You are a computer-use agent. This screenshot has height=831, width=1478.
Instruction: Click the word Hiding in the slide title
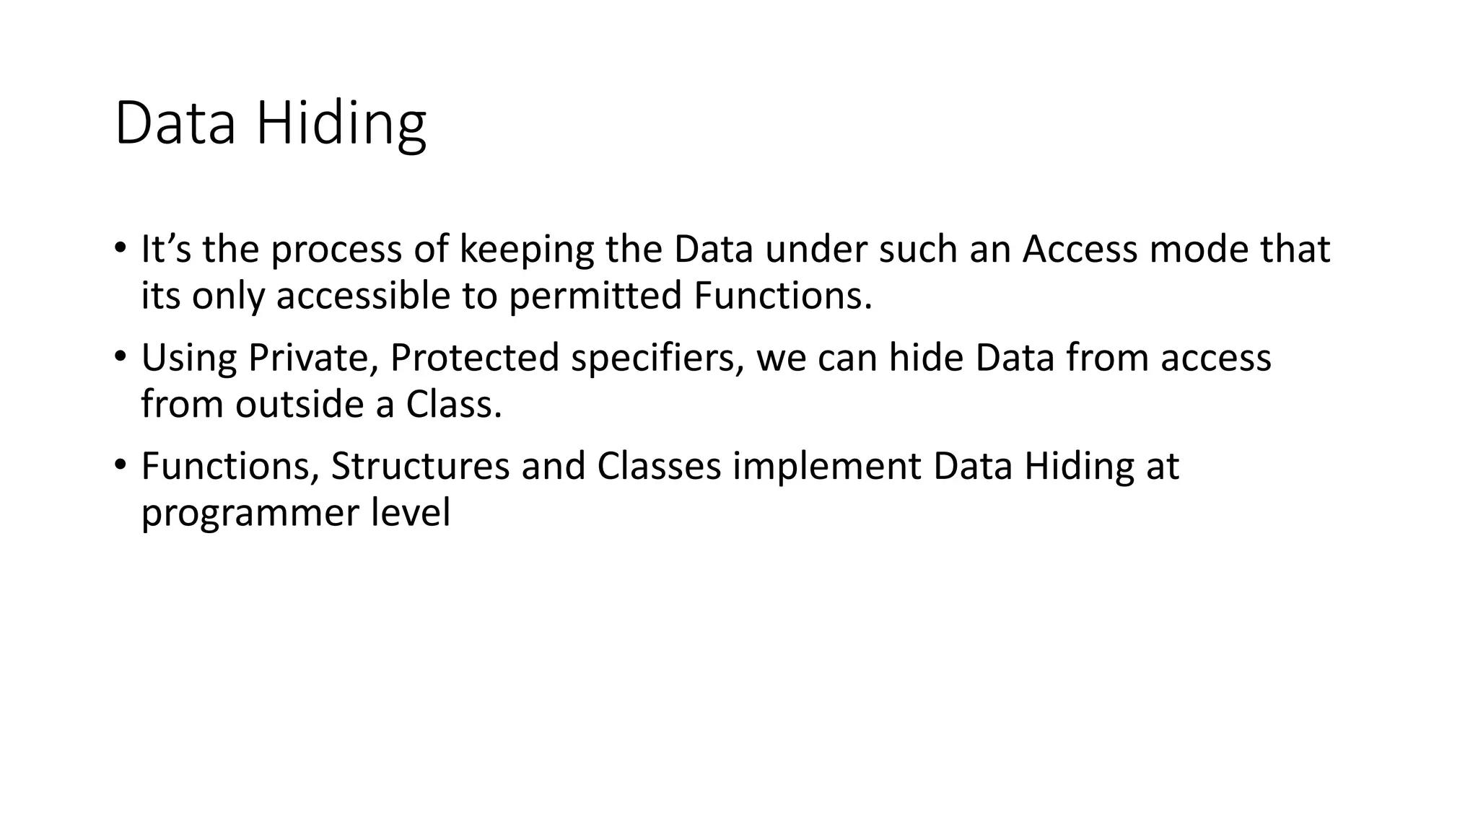coord(341,124)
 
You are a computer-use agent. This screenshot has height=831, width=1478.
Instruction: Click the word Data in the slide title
coord(175,124)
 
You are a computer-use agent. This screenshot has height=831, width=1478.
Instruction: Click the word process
coord(336,250)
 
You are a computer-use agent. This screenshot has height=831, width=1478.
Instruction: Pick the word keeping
coord(526,250)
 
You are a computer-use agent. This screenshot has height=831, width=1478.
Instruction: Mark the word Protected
coord(474,358)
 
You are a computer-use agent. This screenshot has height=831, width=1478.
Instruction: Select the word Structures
coord(420,466)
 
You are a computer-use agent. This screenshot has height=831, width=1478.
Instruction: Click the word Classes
coord(658,466)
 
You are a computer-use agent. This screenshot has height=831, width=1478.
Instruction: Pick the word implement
coord(826,466)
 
